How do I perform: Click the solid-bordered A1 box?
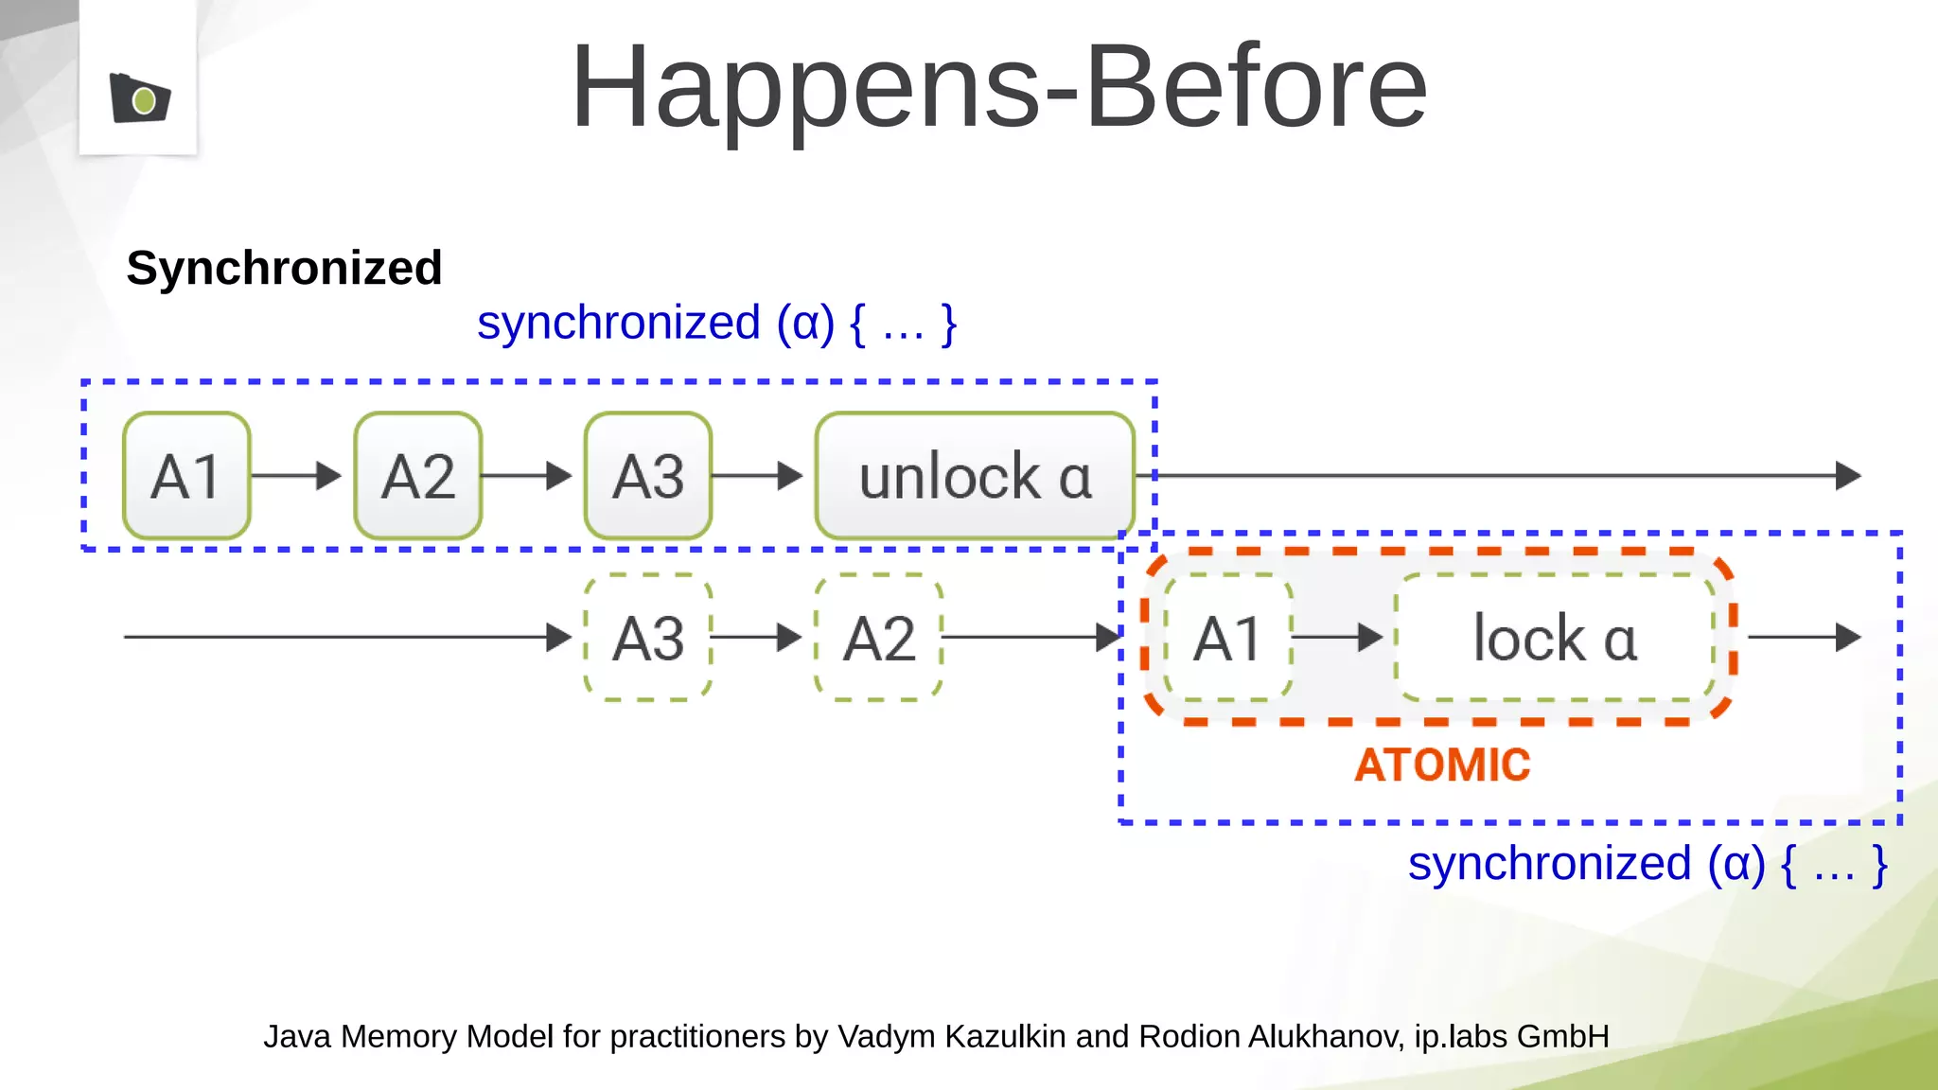(x=186, y=476)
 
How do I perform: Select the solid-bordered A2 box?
(x=417, y=476)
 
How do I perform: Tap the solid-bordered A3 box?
(x=648, y=476)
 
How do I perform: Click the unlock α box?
(x=975, y=476)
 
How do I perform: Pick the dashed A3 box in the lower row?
(x=648, y=638)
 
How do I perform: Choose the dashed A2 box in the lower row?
(x=879, y=638)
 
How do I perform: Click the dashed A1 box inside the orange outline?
(x=1227, y=638)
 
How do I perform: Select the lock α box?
(x=1555, y=638)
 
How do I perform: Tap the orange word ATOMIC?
(x=1442, y=765)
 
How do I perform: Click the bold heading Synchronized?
(x=284, y=268)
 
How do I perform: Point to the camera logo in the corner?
(x=140, y=97)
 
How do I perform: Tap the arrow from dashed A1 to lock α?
(x=1338, y=638)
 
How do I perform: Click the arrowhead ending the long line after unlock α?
(x=1848, y=476)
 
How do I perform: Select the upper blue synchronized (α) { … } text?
(x=716, y=324)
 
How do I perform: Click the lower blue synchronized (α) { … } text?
(x=1647, y=864)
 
